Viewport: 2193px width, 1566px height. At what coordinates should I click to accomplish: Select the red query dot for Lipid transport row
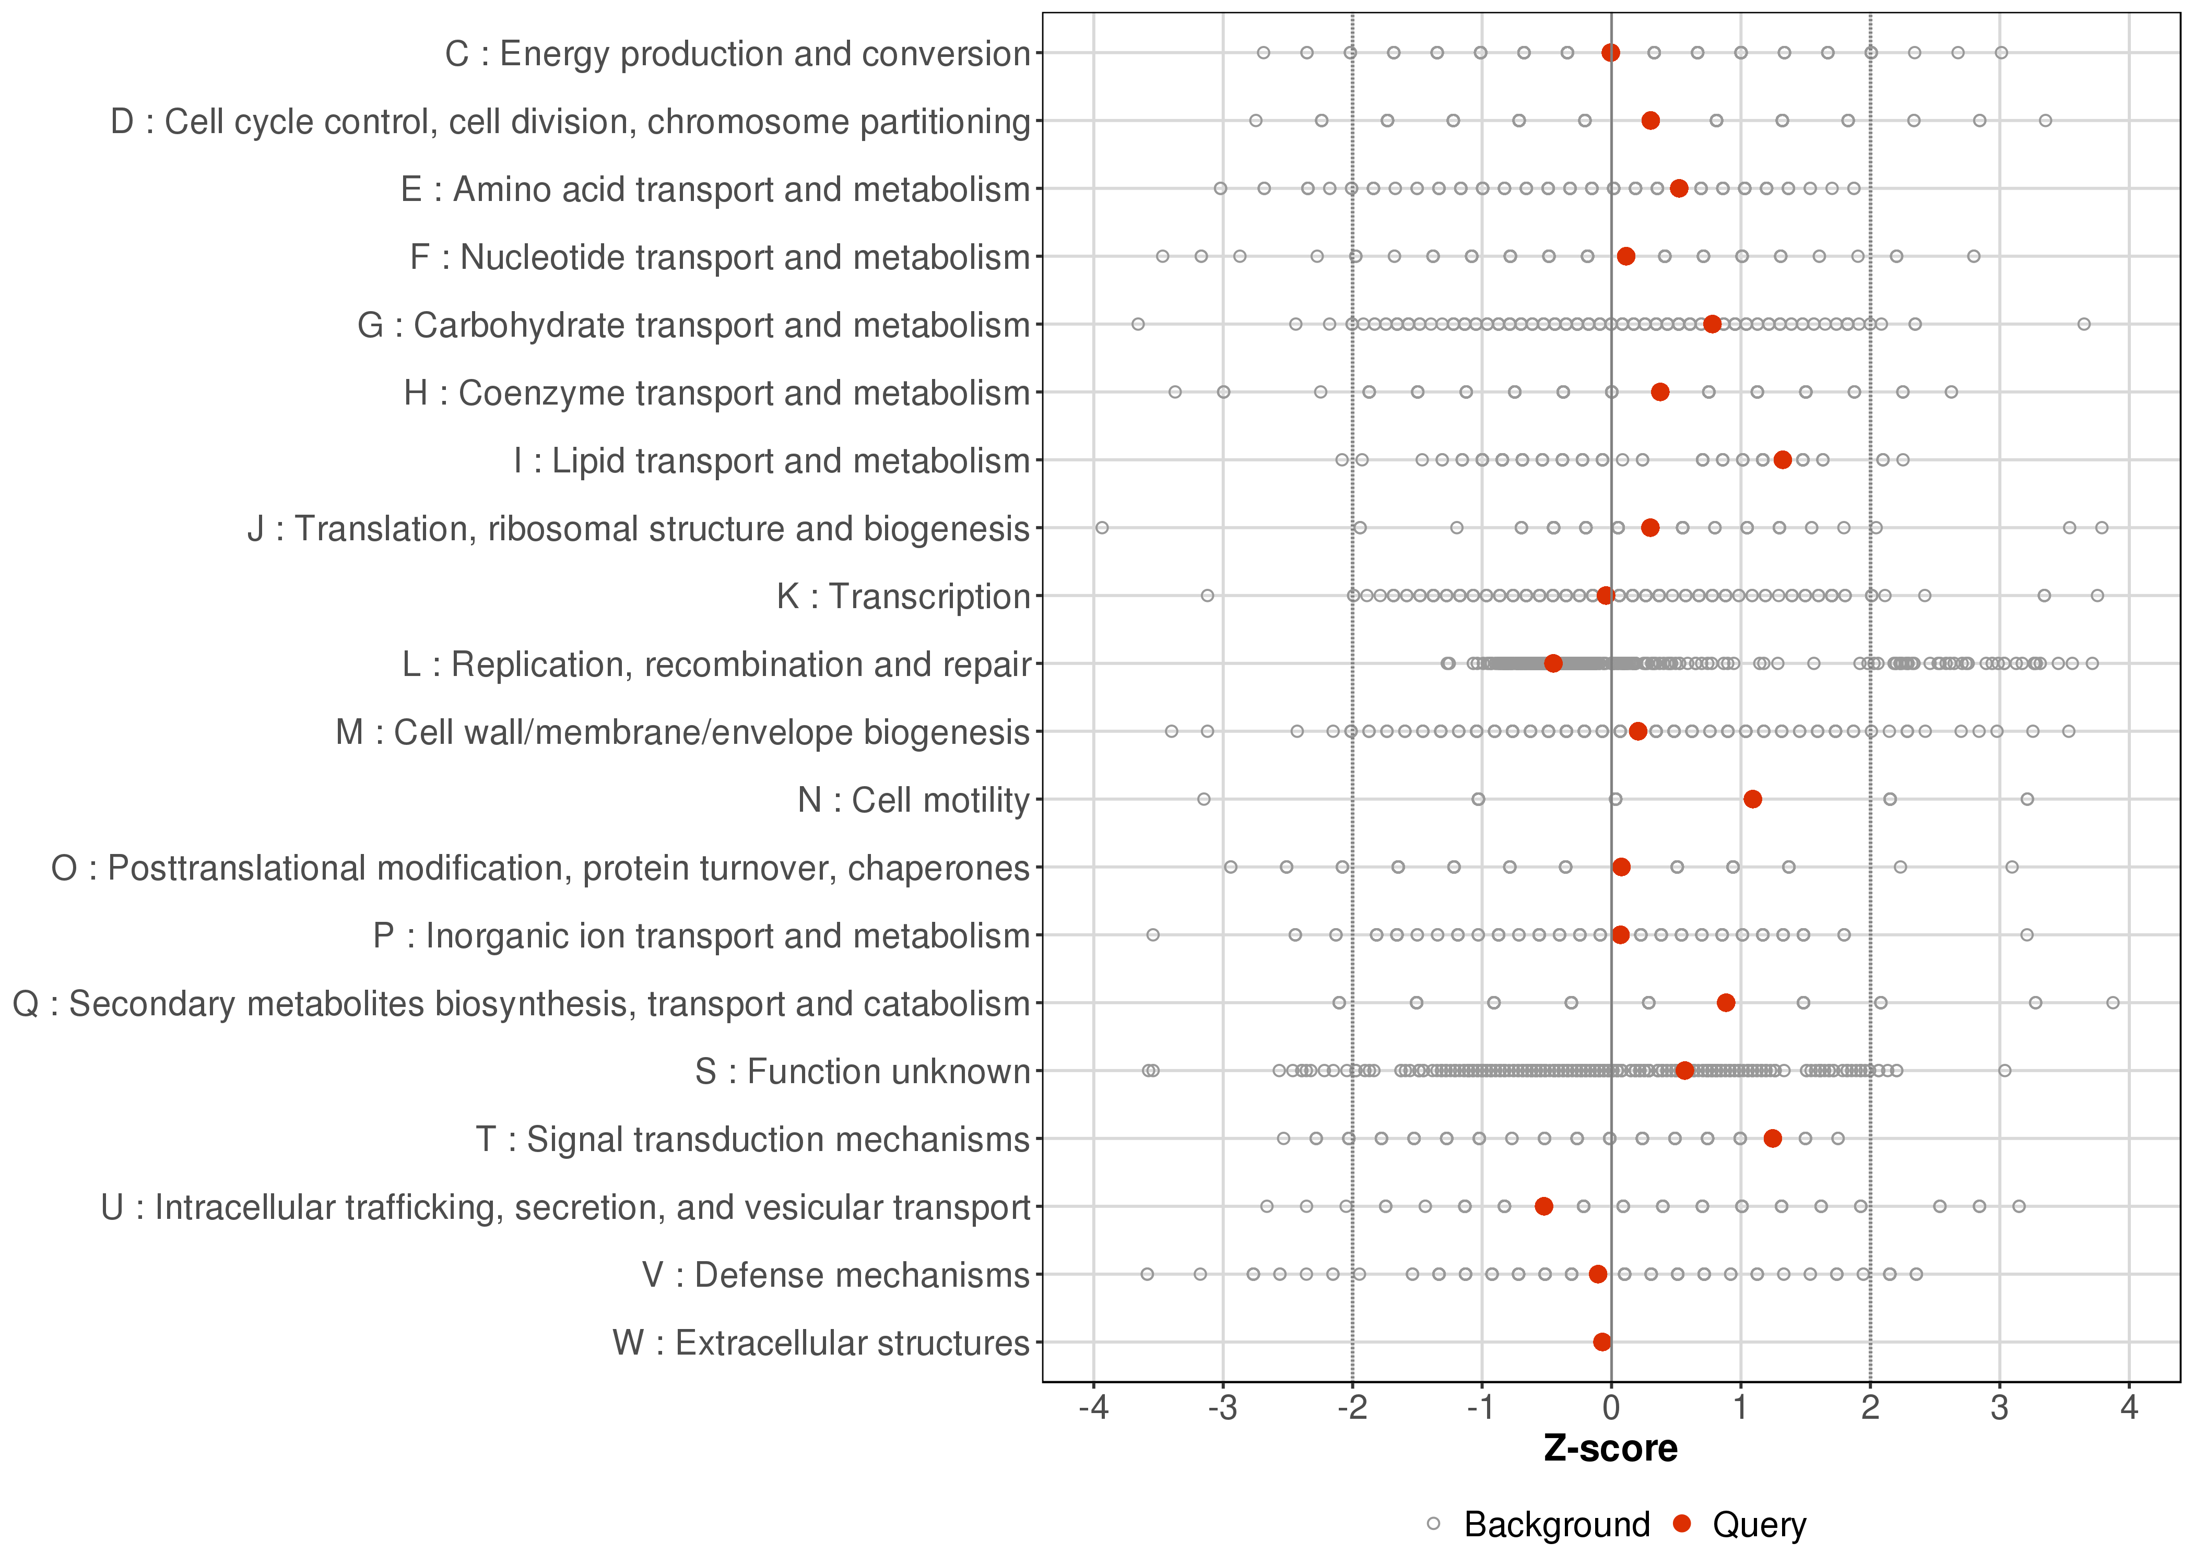(x=1782, y=460)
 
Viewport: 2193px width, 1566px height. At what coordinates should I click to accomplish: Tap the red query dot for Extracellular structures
(x=1602, y=1342)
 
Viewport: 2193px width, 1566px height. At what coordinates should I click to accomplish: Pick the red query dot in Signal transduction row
(x=1773, y=1139)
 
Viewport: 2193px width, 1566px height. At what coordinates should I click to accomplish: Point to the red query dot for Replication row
(x=1553, y=663)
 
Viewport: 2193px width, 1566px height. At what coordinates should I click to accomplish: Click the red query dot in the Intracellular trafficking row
(x=1544, y=1206)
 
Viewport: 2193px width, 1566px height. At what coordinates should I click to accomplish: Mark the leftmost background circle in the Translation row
(x=1102, y=527)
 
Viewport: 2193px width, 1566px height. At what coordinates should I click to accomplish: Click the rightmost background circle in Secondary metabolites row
(x=2113, y=1003)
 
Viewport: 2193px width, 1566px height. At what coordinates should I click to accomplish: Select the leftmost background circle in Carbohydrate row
(x=1138, y=324)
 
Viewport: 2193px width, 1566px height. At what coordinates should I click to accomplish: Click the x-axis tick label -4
(x=1093, y=1409)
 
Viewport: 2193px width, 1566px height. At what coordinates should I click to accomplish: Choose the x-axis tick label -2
(x=1351, y=1409)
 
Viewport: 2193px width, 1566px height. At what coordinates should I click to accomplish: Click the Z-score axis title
(x=1610, y=1449)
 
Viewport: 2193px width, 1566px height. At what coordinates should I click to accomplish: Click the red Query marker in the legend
(x=1683, y=1524)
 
